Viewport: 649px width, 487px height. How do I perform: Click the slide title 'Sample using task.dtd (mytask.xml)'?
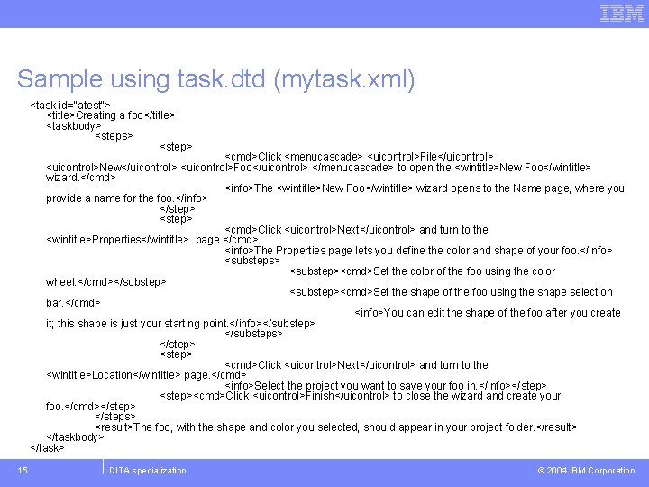pyautogui.click(x=216, y=79)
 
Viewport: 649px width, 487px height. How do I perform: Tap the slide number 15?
pyautogui.click(x=22, y=470)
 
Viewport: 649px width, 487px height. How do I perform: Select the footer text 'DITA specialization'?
pyautogui.click(x=147, y=470)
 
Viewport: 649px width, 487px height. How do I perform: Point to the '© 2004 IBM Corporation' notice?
pyautogui.click(x=586, y=470)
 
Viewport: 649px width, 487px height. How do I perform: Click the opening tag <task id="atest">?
pyautogui.click(x=71, y=105)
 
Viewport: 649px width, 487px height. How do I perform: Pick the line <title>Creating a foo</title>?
pyautogui.click(x=110, y=115)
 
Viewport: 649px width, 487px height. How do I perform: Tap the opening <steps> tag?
pyautogui.click(x=114, y=136)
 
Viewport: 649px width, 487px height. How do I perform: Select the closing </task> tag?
pyautogui.click(x=47, y=447)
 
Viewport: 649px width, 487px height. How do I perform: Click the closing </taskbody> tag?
pyautogui.click(x=76, y=436)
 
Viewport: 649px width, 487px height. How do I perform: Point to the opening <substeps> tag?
pyautogui.click(x=252, y=261)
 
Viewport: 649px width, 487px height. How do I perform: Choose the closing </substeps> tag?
pyautogui.click(x=254, y=333)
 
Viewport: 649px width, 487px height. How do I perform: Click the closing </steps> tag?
pyautogui.click(x=115, y=416)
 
